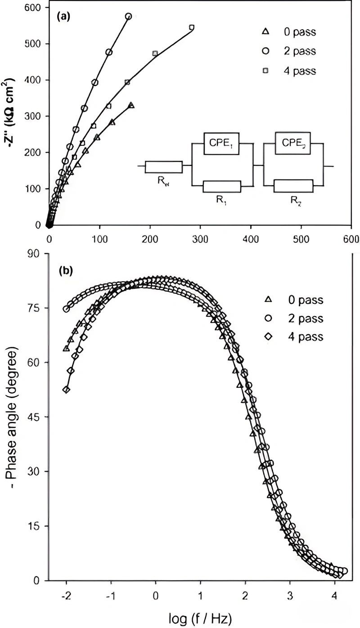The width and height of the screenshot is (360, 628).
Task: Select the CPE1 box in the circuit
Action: click(x=221, y=143)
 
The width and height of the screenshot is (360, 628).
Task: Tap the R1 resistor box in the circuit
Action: click(x=222, y=186)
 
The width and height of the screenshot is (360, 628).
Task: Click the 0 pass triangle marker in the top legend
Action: click(x=266, y=31)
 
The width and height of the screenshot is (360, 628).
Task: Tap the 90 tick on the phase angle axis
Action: click(x=36, y=254)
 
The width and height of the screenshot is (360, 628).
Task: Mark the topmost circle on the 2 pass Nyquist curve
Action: click(x=128, y=17)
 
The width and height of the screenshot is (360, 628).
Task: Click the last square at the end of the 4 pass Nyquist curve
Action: click(x=192, y=27)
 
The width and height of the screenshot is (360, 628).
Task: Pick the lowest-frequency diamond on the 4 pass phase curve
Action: click(x=66, y=390)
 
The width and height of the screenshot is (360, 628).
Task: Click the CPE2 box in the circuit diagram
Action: click(x=293, y=143)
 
